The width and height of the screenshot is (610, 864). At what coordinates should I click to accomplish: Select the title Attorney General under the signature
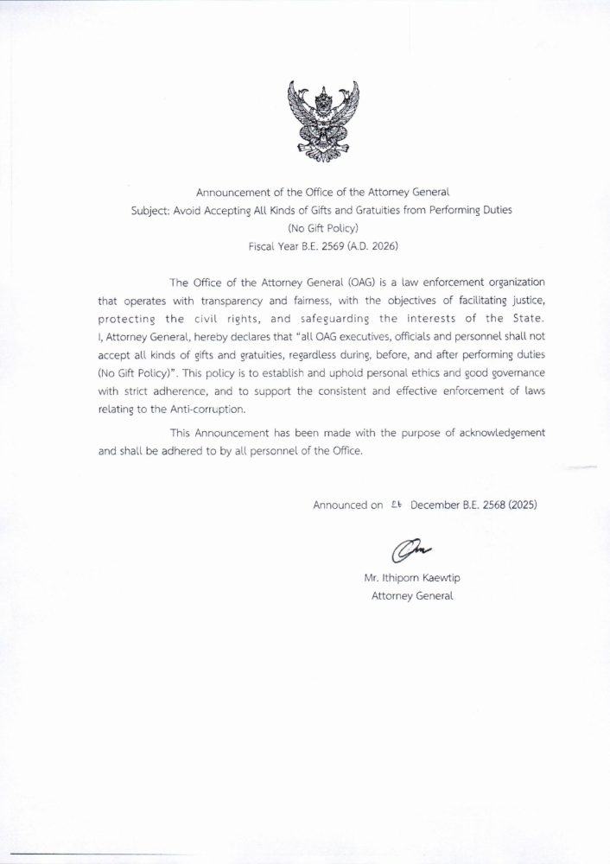tap(412, 596)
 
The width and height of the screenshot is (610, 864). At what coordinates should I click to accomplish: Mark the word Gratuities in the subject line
tap(390, 213)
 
